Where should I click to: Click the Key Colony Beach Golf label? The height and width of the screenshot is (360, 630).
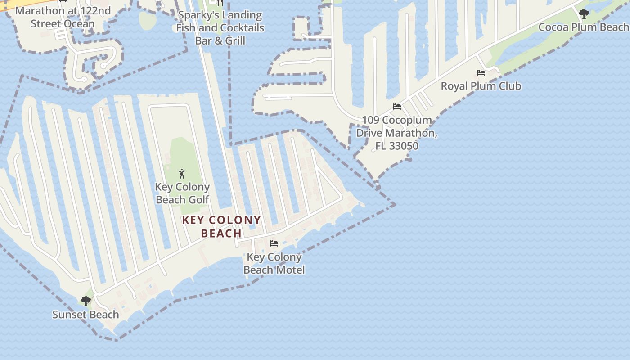pos(182,193)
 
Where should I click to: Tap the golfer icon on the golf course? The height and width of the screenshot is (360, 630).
pos(182,174)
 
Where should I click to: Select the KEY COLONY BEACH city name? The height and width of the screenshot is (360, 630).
pos(221,226)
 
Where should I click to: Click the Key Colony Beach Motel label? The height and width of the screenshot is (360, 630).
pos(274,263)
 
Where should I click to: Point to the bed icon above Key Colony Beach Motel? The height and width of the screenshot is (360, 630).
pos(274,243)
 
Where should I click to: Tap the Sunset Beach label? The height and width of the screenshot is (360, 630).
pos(85,315)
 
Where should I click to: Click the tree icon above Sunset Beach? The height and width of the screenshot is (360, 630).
pos(85,301)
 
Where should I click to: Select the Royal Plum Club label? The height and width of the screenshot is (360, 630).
pos(481,86)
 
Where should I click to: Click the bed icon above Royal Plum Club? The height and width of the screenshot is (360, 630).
pos(481,73)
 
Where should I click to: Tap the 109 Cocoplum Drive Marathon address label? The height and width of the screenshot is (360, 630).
pos(396,133)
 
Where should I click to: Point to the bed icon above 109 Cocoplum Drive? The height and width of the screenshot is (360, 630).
pos(396,107)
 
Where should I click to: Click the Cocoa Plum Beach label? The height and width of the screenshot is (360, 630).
pos(583,27)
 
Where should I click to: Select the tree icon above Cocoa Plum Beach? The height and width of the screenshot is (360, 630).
pos(584,14)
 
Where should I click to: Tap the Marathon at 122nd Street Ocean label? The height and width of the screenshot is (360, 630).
pos(63,17)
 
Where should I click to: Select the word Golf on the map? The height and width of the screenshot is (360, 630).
pos(199,199)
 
